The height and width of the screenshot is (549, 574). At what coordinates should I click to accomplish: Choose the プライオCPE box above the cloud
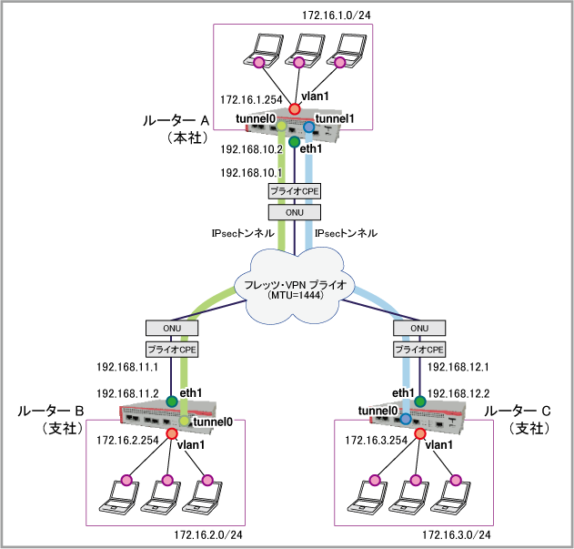(x=293, y=192)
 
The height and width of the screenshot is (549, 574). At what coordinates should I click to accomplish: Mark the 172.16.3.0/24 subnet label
(x=455, y=533)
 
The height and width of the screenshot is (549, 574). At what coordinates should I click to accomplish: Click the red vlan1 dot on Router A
(x=294, y=109)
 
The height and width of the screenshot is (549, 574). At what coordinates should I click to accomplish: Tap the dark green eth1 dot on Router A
(x=294, y=142)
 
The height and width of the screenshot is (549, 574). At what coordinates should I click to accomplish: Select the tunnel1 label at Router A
(x=334, y=118)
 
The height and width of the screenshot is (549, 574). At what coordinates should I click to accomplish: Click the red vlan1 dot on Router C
(x=420, y=434)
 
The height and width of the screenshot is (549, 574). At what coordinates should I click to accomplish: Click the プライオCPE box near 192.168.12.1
(x=419, y=349)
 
